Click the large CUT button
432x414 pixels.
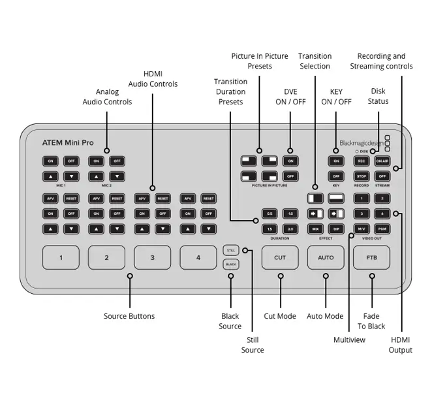point(280,257)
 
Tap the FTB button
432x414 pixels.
point(371,257)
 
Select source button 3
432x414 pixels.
point(152,257)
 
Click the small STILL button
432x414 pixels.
point(230,250)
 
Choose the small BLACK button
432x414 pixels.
point(230,264)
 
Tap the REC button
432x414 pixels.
point(362,161)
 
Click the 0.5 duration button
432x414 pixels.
point(269,214)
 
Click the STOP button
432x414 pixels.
point(362,176)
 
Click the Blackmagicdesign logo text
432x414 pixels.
point(361,142)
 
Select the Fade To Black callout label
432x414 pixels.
point(371,321)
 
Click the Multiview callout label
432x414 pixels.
point(350,340)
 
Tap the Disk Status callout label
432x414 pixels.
point(378,97)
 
